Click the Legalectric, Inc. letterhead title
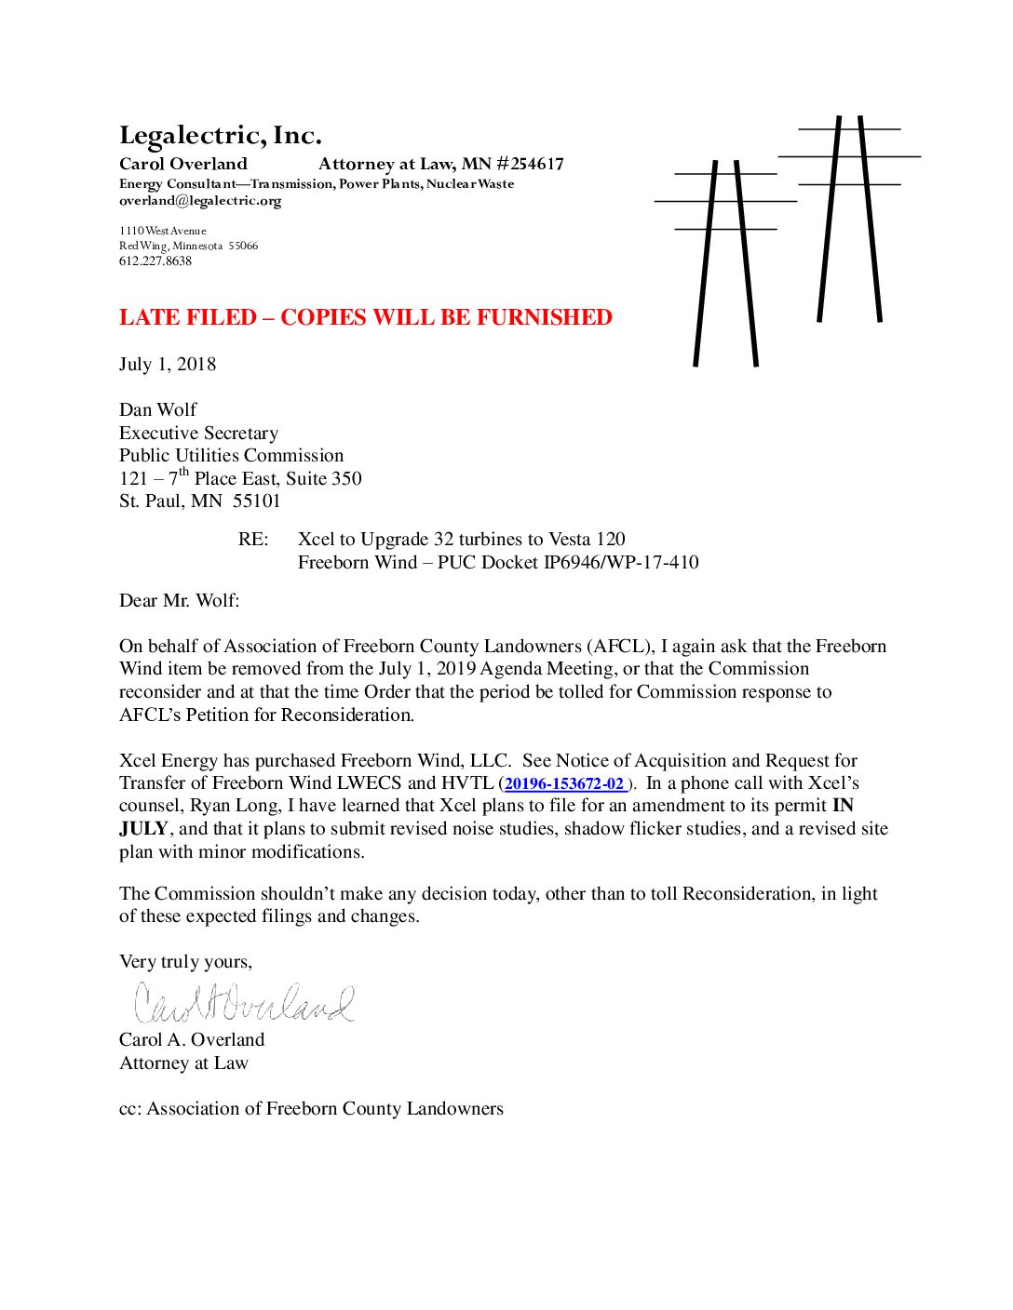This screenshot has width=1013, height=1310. tap(221, 136)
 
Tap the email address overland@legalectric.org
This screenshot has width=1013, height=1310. tap(200, 201)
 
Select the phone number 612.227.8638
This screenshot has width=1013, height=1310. tap(155, 261)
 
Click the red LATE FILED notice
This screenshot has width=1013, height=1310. tap(365, 317)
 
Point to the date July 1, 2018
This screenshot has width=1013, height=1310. tap(168, 364)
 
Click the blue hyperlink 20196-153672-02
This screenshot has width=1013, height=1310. tap(564, 784)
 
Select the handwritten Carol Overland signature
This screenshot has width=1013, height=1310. tap(244, 1002)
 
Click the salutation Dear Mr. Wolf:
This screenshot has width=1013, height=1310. tap(179, 600)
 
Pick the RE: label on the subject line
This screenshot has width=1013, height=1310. tap(253, 540)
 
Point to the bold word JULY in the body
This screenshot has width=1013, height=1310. tap(143, 829)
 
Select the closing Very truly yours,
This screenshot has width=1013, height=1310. tap(185, 962)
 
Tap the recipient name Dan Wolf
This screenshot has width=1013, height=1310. tap(157, 410)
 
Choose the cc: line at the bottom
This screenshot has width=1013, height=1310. tap(311, 1109)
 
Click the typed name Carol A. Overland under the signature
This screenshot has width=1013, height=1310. tap(192, 1040)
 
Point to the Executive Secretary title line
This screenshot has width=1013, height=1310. tap(198, 434)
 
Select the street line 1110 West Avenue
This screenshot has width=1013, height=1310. tap(163, 231)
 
